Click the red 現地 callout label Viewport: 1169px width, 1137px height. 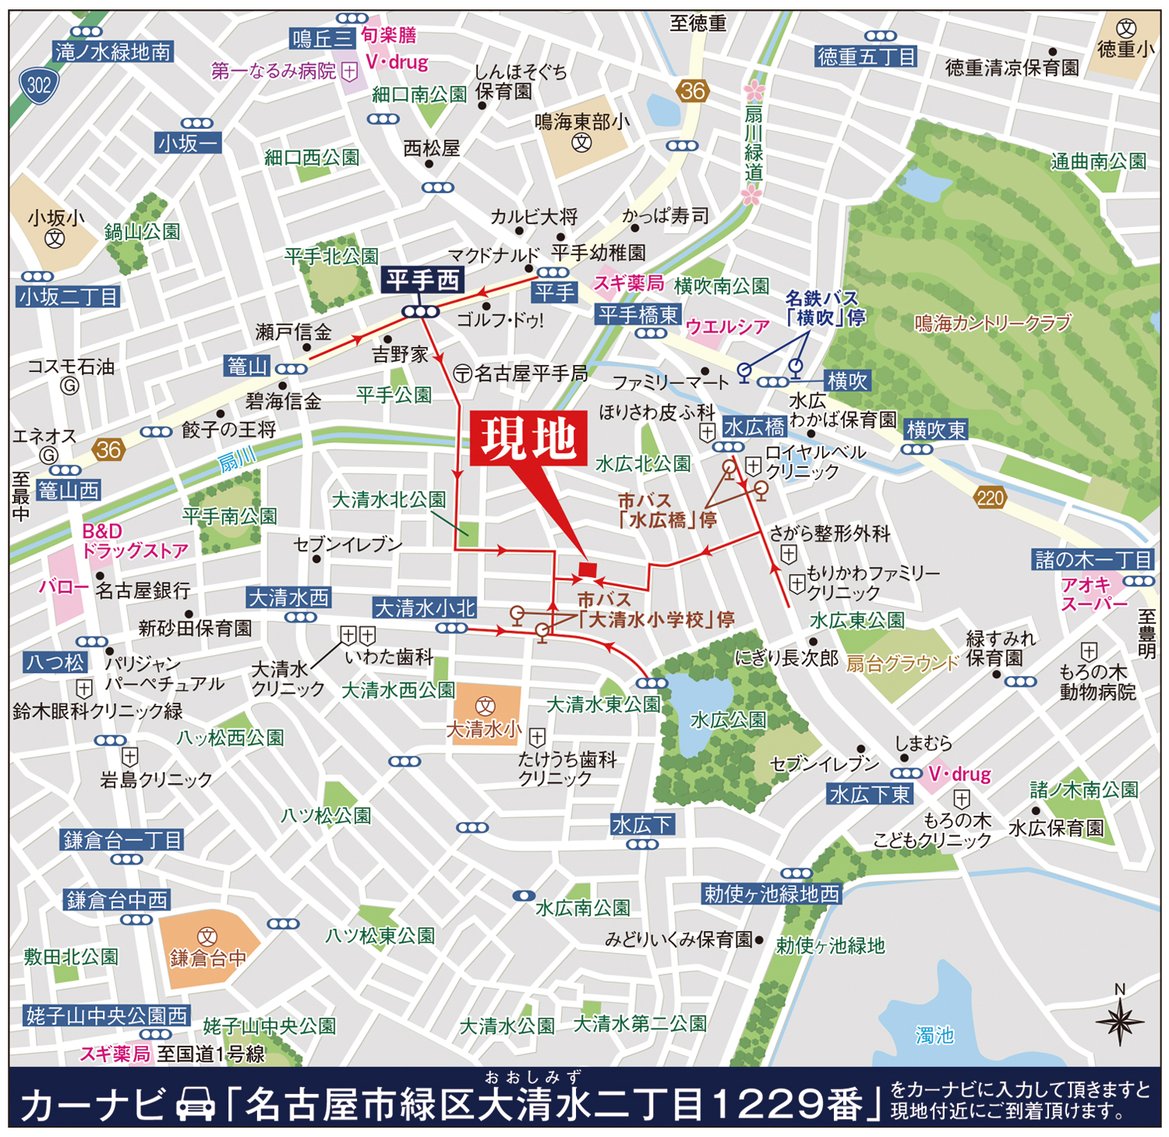click(x=528, y=440)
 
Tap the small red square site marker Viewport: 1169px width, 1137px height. click(x=588, y=570)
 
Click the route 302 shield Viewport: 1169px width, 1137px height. click(x=38, y=85)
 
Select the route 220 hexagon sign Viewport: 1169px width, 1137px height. click(x=990, y=498)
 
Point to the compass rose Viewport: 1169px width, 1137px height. click(x=1119, y=1021)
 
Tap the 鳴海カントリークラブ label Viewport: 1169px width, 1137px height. click(x=992, y=323)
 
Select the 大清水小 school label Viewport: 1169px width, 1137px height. click(x=483, y=729)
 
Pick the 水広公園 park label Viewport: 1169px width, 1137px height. click(x=728, y=720)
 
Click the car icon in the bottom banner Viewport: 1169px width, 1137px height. click(x=196, y=1105)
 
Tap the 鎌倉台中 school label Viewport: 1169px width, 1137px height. click(x=208, y=958)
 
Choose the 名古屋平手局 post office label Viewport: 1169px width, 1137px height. click(x=530, y=374)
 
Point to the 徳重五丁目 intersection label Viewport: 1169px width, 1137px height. click(x=866, y=57)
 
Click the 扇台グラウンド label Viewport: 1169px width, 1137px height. click(x=902, y=664)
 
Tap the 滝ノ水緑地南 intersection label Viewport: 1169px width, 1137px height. click(x=113, y=52)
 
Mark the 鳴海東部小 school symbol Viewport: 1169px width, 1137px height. click(x=581, y=143)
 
